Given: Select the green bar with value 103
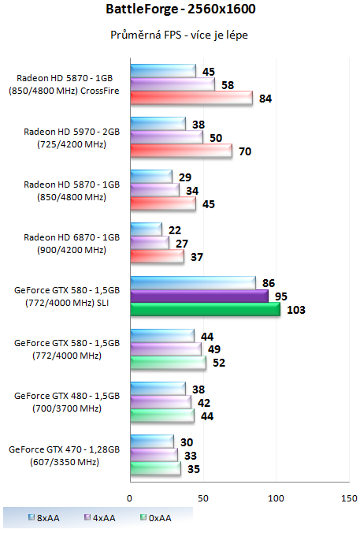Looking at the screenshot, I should point(205,310).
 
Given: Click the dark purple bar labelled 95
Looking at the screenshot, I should point(199,296).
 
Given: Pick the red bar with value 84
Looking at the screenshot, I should point(191,98).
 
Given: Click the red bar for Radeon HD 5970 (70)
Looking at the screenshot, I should point(180,151).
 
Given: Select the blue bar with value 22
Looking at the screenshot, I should point(146,229).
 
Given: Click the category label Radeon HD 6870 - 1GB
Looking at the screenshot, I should point(72,237).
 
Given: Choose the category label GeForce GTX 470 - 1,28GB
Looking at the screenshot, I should point(65,449).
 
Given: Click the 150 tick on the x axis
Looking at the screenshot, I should point(348,498).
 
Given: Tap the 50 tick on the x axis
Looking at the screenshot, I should point(203,498).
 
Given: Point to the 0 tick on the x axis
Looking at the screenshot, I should point(130,498).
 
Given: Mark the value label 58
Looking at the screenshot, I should point(229,84).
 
